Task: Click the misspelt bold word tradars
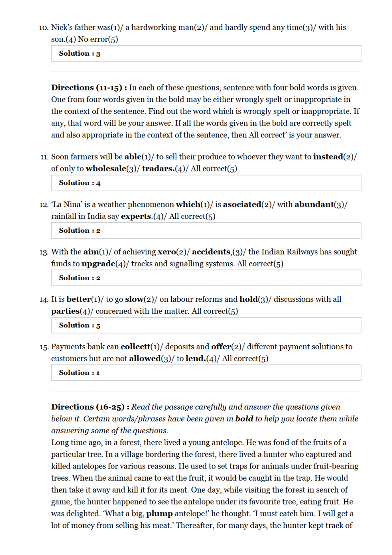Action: pyautogui.click(x=158, y=169)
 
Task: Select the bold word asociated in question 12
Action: pyautogui.click(x=242, y=204)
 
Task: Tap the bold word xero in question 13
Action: pyautogui.click(x=167, y=252)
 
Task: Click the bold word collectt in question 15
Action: pyautogui.click(x=135, y=346)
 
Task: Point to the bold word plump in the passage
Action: pyautogui.click(x=159, y=514)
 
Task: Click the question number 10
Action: pyautogui.click(x=43, y=28)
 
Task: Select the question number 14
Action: pyautogui.click(x=43, y=299)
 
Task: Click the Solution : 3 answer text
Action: pyautogui.click(x=79, y=53)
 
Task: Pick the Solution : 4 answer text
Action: pyautogui.click(x=79, y=183)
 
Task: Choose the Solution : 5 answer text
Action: pyautogui.click(x=79, y=325)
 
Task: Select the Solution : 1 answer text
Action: pyautogui.click(x=79, y=373)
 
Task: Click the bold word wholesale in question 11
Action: pyautogui.click(x=105, y=169)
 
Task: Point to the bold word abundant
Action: pyautogui.click(x=314, y=204)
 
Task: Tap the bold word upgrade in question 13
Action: pyautogui.click(x=98, y=263)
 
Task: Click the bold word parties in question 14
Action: pyautogui.click(x=65, y=311)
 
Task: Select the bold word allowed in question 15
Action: pyautogui.click(x=144, y=358)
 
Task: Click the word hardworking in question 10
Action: pyautogui.click(x=154, y=27)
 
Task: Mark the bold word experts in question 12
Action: pyautogui.click(x=136, y=216)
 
